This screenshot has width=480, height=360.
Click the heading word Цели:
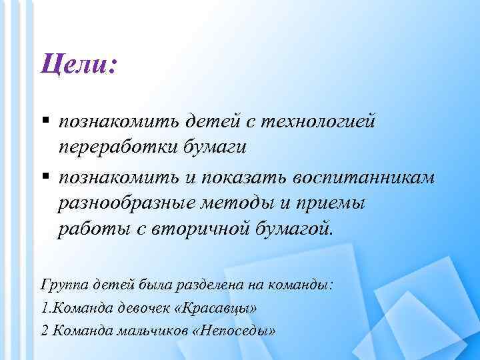pyautogui.click(x=78, y=65)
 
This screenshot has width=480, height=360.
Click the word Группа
pyautogui.click(x=64, y=285)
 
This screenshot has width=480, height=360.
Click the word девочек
pyautogui.click(x=143, y=308)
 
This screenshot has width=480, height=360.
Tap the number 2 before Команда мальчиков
pyautogui.click(x=44, y=331)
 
